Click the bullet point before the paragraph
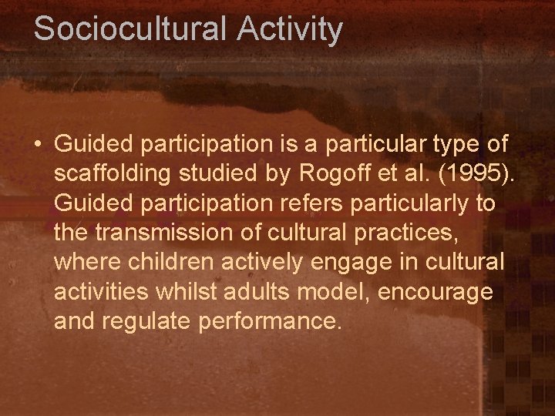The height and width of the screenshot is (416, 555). pos(38,144)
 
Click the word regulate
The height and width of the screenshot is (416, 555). pos(147,320)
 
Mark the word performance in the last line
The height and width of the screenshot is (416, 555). pos(269,320)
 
